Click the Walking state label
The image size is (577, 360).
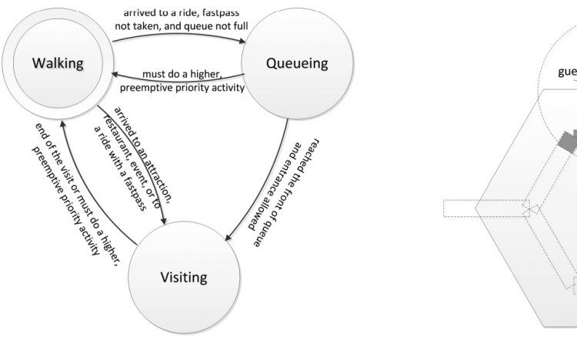click(57, 63)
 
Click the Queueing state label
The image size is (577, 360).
click(297, 63)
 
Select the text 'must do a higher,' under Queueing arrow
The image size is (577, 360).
click(182, 75)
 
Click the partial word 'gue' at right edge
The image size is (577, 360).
click(568, 73)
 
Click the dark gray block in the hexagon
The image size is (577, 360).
click(568, 142)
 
